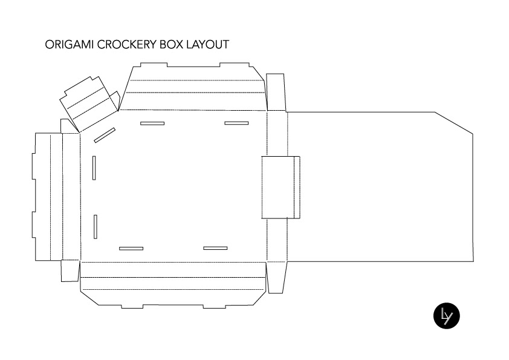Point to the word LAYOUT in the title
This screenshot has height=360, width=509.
point(207,45)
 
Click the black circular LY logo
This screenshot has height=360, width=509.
point(447,316)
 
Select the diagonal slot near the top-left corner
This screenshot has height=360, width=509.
point(105,135)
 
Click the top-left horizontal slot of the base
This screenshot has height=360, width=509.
point(152,123)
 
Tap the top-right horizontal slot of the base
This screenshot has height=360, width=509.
point(236,123)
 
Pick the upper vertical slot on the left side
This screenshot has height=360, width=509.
point(94,168)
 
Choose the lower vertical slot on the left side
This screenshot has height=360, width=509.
point(96,226)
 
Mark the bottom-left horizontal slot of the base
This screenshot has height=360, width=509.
point(131,248)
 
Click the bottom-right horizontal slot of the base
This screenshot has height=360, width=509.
point(215,248)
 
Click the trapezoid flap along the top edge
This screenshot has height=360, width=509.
point(193,88)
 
